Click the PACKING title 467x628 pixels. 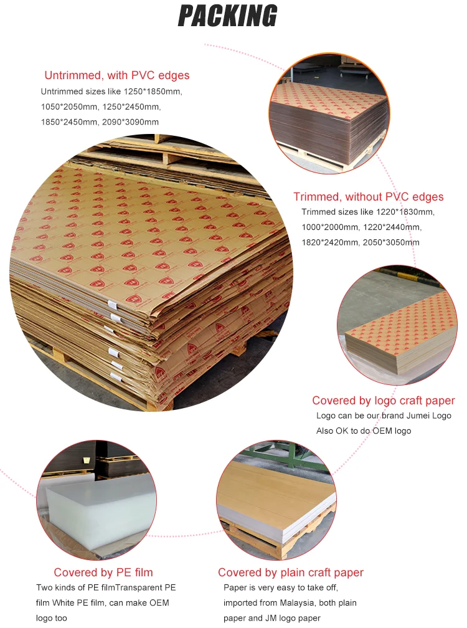[227, 16]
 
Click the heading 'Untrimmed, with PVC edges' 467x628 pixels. [117, 75]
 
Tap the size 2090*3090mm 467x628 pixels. [131, 122]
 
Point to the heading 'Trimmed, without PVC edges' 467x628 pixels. [369, 197]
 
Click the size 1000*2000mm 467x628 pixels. [330, 227]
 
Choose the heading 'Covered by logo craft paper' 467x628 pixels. [384, 401]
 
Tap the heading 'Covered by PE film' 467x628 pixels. [103, 573]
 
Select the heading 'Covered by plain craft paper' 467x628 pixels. [291, 573]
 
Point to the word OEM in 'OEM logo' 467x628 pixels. [380, 431]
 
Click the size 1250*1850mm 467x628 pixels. [153, 92]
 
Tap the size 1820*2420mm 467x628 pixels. [330, 243]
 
